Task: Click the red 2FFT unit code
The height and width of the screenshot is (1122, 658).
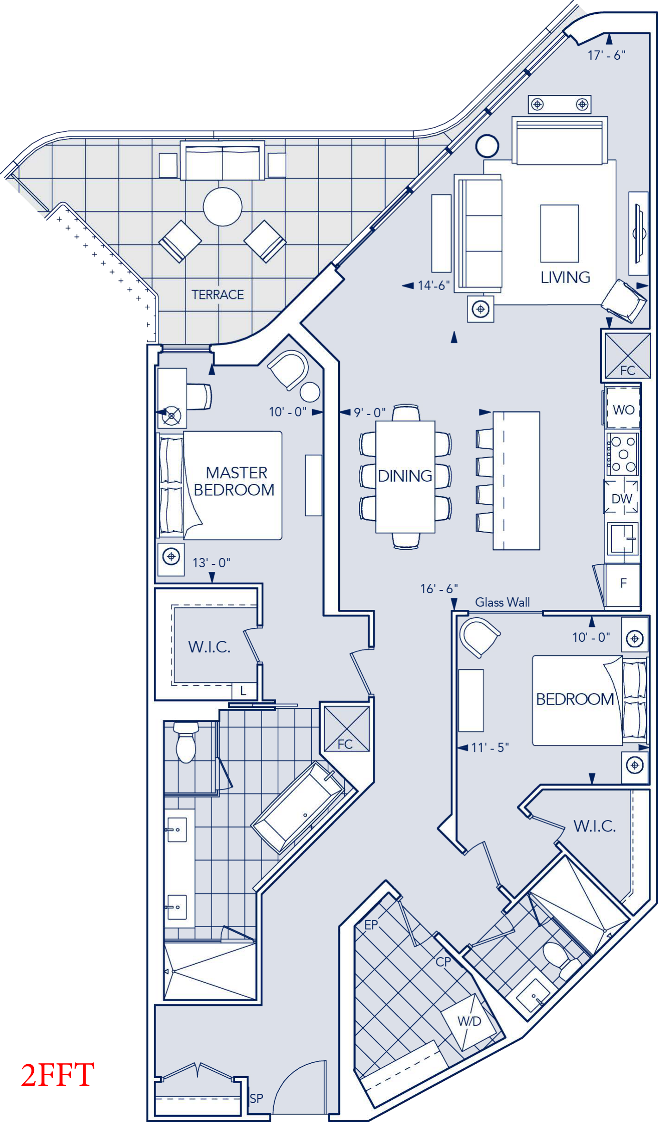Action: click(57, 1074)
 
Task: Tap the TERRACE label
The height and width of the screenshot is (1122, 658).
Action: click(218, 295)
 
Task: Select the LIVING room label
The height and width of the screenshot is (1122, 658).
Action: click(565, 277)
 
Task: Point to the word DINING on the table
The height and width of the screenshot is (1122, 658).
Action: click(405, 476)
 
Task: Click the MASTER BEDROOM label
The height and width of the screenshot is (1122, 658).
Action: click(235, 481)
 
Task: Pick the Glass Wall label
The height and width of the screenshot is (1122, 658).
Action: click(502, 602)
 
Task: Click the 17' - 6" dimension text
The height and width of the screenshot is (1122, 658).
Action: click(607, 56)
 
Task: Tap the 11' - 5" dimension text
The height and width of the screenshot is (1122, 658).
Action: click(490, 747)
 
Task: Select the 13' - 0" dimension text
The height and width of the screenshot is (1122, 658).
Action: click(211, 563)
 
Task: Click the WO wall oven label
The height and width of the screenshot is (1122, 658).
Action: click(623, 410)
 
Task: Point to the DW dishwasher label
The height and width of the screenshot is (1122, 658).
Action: click(621, 499)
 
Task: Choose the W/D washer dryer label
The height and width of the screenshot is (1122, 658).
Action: click(470, 1021)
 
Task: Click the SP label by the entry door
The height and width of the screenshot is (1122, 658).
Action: click(257, 1098)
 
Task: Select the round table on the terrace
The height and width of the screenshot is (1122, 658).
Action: click(223, 206)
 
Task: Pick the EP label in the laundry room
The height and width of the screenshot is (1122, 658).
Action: click(371, 924)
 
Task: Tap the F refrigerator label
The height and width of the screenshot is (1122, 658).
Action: click(623, 583)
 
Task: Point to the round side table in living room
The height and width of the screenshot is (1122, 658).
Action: click(487, 146)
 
